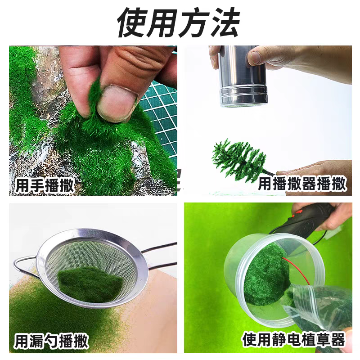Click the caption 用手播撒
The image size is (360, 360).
(45, 185)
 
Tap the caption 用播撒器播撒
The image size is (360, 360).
(302, 184)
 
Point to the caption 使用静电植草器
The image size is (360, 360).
(293, 338)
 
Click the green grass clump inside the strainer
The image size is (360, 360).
(90, 283)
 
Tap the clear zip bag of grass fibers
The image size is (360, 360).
(315, 306)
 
